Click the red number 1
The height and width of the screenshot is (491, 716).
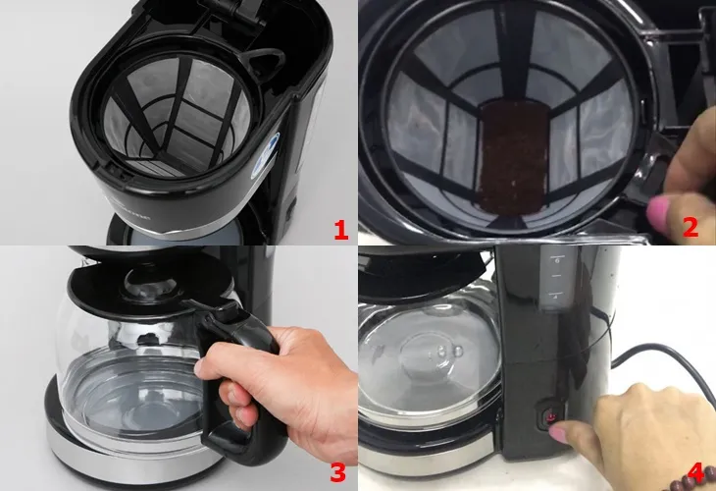[x=340, y=231]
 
